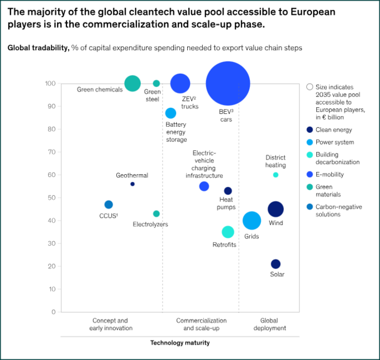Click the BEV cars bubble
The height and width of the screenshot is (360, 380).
point(227,84)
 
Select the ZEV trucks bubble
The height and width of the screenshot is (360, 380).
point(180,84)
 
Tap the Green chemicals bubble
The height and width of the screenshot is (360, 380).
point(132,84)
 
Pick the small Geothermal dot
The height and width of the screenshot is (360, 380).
point(132,184)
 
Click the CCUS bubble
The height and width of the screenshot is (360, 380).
point(108,205)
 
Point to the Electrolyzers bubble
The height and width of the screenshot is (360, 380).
point(156,214)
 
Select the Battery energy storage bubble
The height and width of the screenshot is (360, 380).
point(170,113)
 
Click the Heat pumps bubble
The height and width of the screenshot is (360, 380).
point(228,191)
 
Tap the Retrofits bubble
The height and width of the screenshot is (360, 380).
point(227,232)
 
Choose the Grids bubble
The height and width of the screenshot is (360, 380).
point(252,220)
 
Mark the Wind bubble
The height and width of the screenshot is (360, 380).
point(275,209)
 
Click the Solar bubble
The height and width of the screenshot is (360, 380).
point(275,264)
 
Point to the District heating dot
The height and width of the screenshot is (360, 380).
point(275,175)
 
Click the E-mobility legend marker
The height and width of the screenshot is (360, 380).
point(309,174)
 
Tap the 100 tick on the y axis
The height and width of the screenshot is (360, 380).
point(50,84)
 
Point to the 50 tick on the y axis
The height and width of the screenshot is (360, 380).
point(51,198)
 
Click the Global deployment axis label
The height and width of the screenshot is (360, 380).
point(273,324)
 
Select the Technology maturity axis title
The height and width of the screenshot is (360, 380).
point(180,343)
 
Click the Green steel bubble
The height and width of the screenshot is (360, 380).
point(156,84)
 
